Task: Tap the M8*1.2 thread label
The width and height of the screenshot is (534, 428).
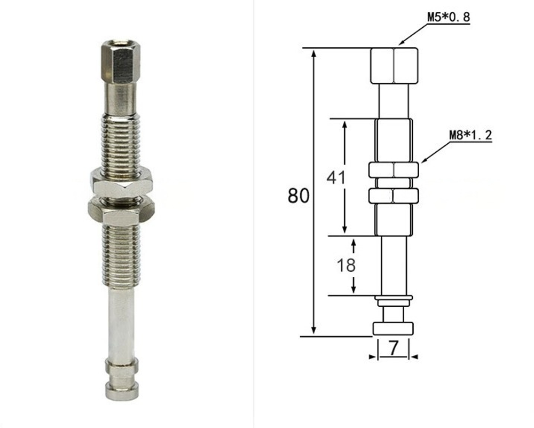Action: click(x=470, y=135)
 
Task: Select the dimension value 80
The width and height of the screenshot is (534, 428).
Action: click(x=299, y=196)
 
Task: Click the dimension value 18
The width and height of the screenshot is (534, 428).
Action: click(x=346, y=265)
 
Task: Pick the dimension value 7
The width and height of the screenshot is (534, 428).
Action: click(x=393, y=349)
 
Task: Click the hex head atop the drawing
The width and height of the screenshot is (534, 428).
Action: click(x=394, y=65)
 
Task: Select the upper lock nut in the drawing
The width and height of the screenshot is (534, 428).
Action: click(x=394, y=170)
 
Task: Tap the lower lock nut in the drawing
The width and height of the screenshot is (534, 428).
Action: click(x=394, y=196)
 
